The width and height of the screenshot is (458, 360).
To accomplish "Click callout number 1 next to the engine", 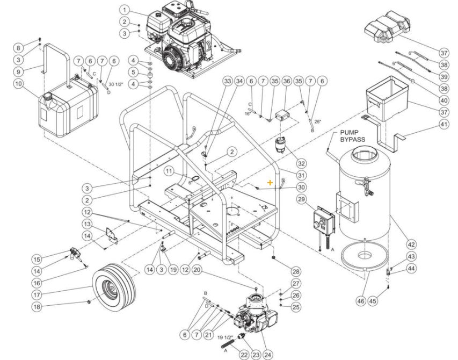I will pos(125,10).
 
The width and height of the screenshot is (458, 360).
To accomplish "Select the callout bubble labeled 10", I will pos(18,84).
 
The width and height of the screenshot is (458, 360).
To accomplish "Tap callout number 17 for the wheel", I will pos(37,294).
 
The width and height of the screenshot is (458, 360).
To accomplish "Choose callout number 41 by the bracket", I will pos(444,124).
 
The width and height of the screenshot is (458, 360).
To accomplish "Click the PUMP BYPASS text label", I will pos(352,135).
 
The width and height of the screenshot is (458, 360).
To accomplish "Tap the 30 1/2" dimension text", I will pos(116,84).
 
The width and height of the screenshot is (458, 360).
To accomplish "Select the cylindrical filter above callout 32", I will pos(281,144).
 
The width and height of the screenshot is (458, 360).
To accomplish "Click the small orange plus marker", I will pos(270,183).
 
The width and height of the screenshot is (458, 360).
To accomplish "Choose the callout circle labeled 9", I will pos(18,71).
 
